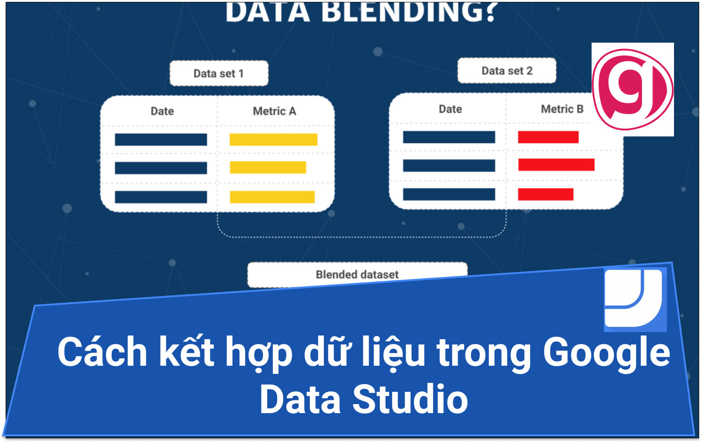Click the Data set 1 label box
coord(219,73)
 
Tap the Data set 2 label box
coord(507,71)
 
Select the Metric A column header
coord(274,111)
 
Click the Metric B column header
coord(562,109)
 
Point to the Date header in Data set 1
coord(162,111)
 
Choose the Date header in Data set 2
coord(450,109)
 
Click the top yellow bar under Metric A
coord(273,139)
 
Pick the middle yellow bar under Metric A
coord(268,167)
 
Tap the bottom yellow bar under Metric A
coord(272,197)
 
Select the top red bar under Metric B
coord(548,137)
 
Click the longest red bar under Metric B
coord(556,164)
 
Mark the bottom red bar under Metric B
coord(546,194)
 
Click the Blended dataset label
coord(357,275)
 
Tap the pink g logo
coord(632,90)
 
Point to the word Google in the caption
coord(606,352)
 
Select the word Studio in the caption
coord(410,399)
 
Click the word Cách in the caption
coord(102,352)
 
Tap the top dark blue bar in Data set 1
coord(161,139)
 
